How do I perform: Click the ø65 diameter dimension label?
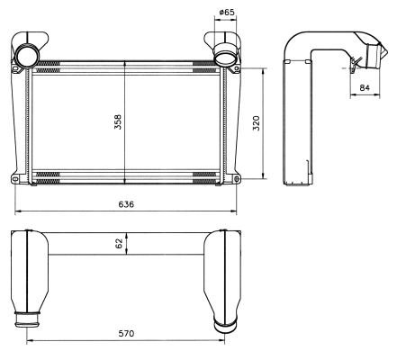pos(226,12)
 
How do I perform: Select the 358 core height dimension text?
pos(118,121)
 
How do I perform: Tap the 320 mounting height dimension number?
pos(257,123)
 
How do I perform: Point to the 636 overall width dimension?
pos(126,204)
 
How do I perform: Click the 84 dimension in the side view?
pos(365,87)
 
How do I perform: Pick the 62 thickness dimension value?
pos(119,243)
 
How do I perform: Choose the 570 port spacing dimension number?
pos(126,333)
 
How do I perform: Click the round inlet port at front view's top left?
pos(28,56)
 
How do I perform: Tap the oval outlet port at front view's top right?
pos(226,57)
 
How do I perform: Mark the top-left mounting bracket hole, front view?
pos(15,69)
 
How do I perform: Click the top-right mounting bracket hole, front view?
pos(237,68)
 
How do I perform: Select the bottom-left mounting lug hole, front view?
pos(15,179)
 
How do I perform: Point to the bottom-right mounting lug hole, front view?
pos(237,179)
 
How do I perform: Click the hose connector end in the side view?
pos(376,56)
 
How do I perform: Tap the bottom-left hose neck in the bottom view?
pos(27,319)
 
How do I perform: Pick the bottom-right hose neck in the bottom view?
pos(225,325)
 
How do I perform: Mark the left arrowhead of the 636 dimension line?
pos(17,211)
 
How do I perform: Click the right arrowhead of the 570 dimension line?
pos(222,340)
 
